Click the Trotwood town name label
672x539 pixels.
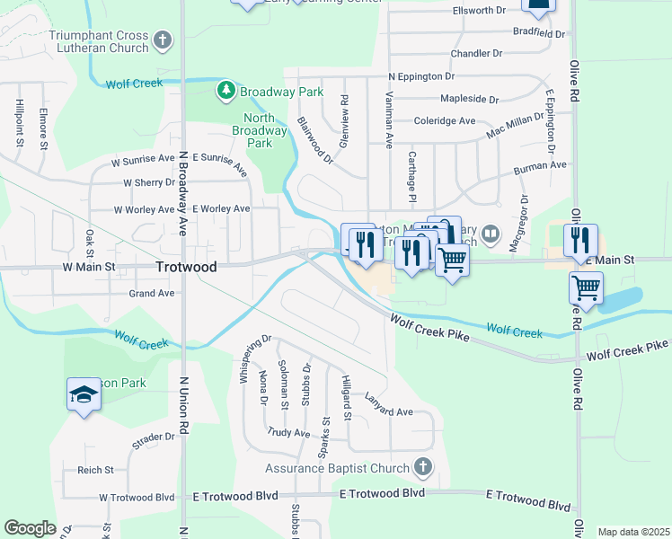[x=186, y=268]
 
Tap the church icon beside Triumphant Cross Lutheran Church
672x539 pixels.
[x=162, y=40]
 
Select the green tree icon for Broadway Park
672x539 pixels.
[x=225, y=92]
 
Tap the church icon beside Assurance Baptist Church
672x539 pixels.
[x=423, y=468]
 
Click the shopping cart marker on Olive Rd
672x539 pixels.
[x=586, y=289]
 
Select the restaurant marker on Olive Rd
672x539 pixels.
[x=580, y=240]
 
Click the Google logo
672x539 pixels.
[x=30, y=528]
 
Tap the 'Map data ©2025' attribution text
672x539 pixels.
[x=632, y=532]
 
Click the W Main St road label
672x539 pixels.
[x=87, y=267]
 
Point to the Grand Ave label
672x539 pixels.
[x=152, y=294]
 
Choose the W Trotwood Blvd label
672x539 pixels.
[x=137, y=497]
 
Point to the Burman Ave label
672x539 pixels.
[x=539, y=166]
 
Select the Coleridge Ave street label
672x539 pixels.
[x=444, y=120]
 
